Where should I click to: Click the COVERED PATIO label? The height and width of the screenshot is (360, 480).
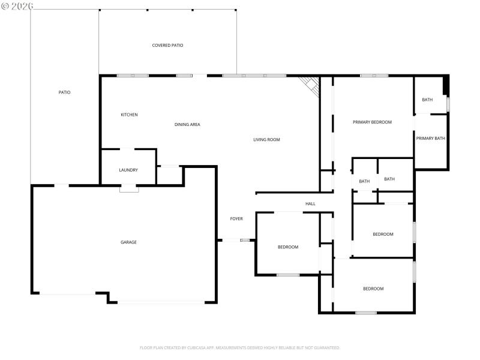click(167, 46)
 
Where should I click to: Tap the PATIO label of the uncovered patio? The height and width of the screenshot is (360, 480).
click(64, 92)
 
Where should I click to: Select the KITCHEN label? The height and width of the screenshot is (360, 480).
click(129, 115)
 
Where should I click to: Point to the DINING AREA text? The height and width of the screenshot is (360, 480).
click(187, 125)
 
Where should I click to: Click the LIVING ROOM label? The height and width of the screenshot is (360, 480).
click(266, 140)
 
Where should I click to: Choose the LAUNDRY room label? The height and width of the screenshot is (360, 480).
click(128, 170)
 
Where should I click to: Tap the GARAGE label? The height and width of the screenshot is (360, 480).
click(128, 242)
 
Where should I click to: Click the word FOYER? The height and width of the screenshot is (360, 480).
click(236, 219)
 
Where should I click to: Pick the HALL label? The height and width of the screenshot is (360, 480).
click(310, 204)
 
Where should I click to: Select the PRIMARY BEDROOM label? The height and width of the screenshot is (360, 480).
click(372, 122)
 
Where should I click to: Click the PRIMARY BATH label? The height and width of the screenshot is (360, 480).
click(431, 139)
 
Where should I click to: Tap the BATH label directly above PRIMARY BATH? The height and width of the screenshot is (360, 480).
click(427, 100)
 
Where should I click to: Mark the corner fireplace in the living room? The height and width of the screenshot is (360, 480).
click(311, 86)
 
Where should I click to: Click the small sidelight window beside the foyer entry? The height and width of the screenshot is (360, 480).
click(245, 241)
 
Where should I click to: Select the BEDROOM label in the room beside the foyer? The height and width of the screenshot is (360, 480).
click(287, 247)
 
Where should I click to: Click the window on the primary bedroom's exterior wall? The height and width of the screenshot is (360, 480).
click(374, 76)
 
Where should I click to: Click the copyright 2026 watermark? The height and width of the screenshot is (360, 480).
click(17, 5)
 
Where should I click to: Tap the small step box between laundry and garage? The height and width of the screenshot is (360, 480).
click(128, 188)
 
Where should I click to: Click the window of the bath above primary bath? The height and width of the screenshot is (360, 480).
click(448, 104)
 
